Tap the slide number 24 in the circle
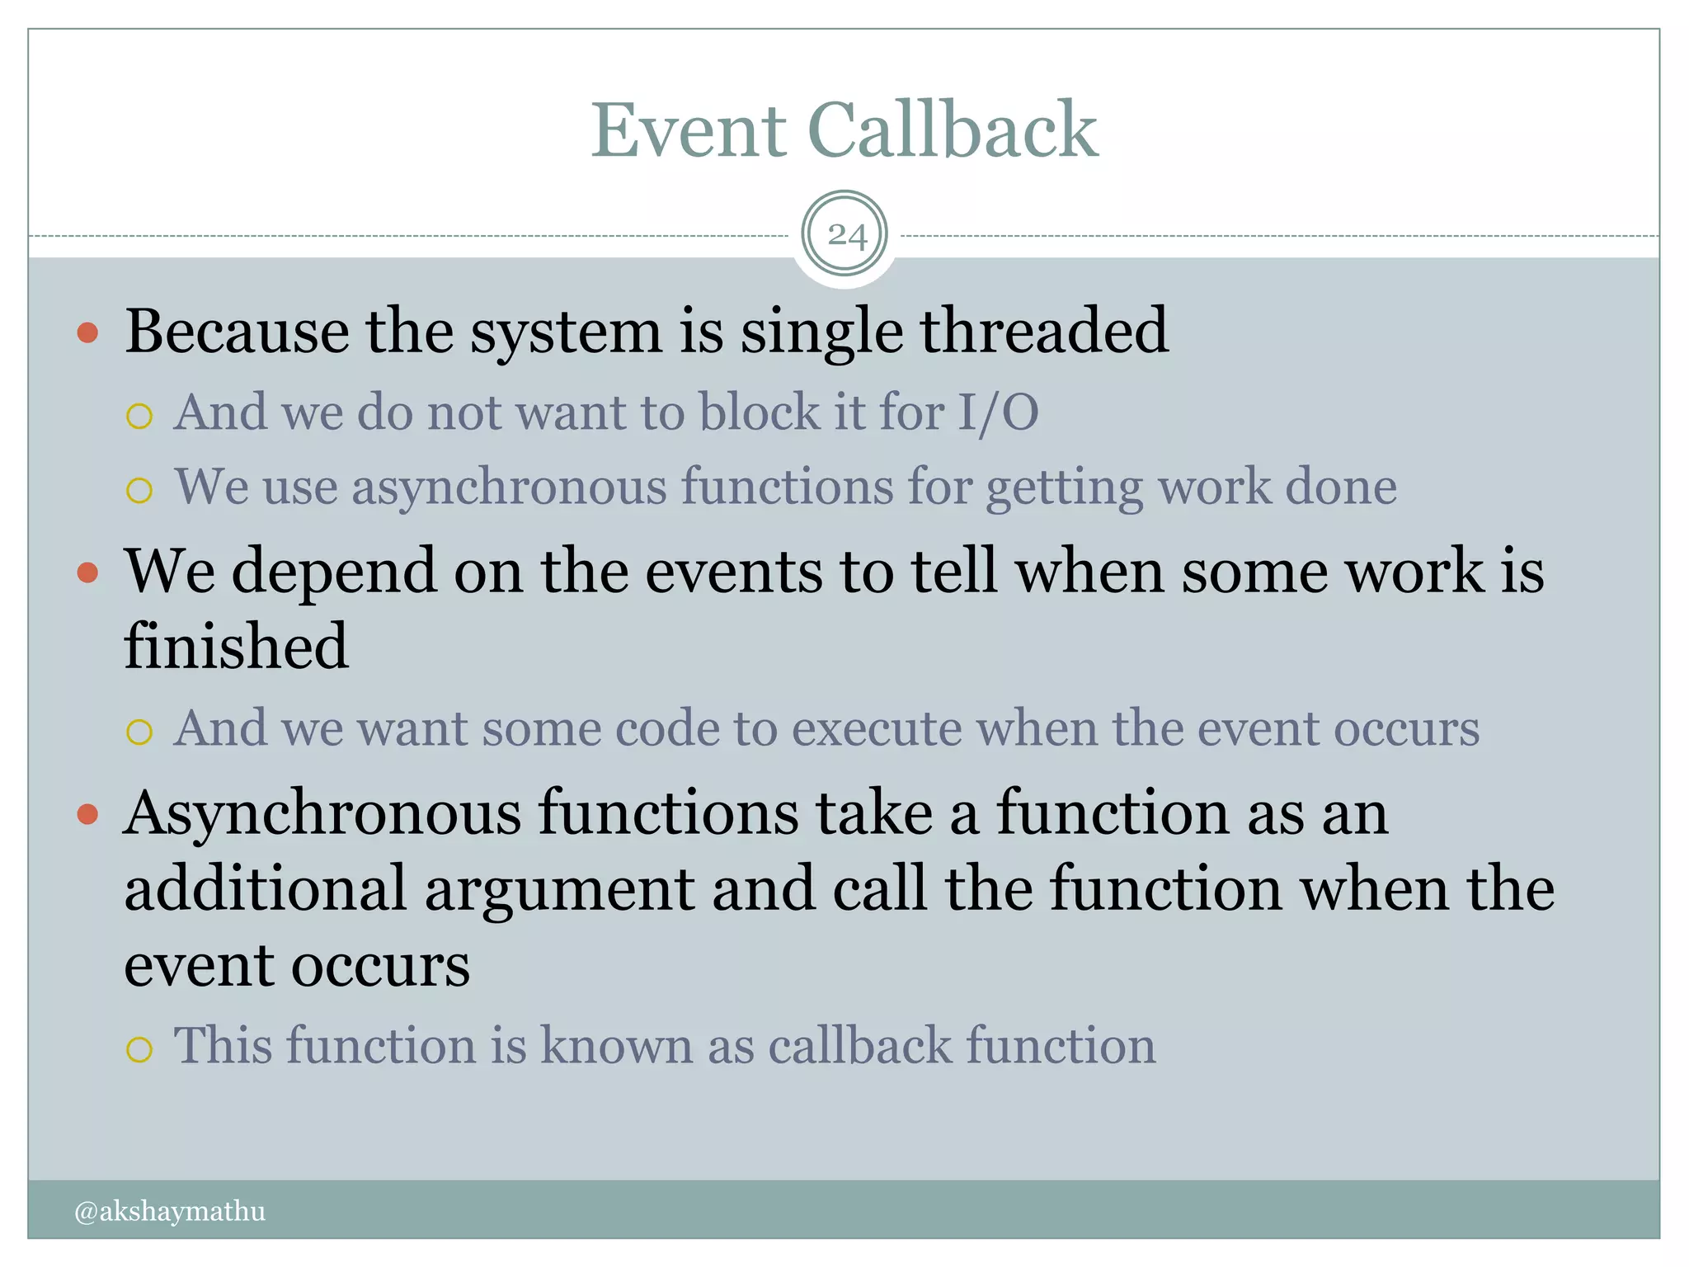coord(845,236)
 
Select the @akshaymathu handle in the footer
coord(170,1211)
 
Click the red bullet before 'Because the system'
coord(87,333)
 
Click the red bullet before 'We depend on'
coord(87,572)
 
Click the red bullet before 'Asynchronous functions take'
coord(87,815)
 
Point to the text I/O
coord(998,412)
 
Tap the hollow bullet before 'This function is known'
coord(139,1049)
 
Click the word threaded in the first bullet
coord(1044,332)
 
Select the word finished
coord(236,647)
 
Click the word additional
coord(266,889)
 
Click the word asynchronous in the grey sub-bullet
coord(509,487)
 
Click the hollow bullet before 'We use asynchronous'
coord(139,490)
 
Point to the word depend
coord(334,572)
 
